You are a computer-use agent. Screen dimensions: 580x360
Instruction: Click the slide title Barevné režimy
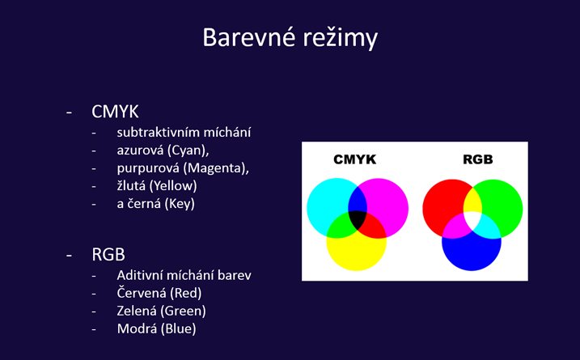coord(290,38)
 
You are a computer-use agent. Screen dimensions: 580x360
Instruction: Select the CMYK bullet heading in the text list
coord(115,112)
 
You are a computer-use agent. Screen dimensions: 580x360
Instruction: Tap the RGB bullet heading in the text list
coord(108,255)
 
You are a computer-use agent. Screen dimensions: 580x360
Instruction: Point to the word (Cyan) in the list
coord(188,150)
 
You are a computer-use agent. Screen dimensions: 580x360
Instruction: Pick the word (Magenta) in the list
coord(216,168)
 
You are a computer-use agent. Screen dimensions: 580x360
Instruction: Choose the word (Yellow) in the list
coord(173,186)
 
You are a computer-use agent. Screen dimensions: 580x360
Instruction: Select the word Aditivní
coord(140,275)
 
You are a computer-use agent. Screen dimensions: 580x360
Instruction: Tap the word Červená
coord(142,293)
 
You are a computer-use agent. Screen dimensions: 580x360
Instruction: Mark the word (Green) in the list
coord(183,311)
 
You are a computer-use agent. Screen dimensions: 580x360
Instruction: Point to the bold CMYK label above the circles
coord(355,159)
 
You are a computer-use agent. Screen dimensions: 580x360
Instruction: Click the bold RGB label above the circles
coord(478,159)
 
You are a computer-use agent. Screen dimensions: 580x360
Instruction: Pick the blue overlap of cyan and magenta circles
coord(358,199)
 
